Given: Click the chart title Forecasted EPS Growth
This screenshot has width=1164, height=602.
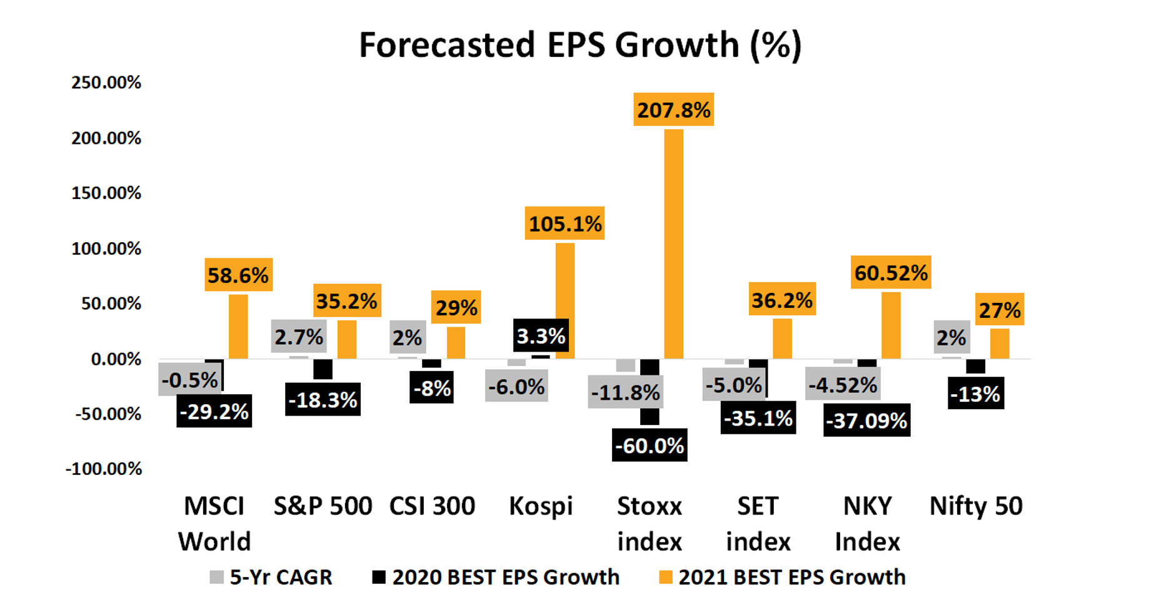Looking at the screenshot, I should coord(579,45).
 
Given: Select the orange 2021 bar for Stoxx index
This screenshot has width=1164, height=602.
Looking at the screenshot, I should coord(673,244).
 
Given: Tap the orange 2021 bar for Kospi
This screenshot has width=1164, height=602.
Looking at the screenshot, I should coord(565,300).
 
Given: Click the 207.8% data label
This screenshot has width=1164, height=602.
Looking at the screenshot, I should coord(673,110).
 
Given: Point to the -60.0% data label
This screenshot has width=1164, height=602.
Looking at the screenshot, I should coord(650,446).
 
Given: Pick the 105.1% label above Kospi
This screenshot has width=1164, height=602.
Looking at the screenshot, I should coord(564,223).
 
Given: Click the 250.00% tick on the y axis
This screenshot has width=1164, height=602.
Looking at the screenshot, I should coord(106,83).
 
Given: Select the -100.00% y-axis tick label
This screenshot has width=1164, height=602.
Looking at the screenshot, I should coord(104,469).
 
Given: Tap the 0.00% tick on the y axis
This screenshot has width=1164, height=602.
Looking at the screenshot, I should coord(116,359).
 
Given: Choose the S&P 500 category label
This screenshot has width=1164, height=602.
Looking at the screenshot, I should coord(323,506).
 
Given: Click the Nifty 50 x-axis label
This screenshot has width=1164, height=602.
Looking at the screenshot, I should coord(976,506).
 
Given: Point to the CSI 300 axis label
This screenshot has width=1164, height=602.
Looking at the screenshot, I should coord(432,506).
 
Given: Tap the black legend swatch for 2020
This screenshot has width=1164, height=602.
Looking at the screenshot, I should coord(379,577).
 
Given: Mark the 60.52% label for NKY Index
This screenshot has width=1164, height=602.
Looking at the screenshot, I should coord(891,272).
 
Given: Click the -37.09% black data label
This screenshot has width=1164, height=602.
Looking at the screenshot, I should coord(866,421).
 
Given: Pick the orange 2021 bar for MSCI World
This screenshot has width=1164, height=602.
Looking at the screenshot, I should coord(238,327).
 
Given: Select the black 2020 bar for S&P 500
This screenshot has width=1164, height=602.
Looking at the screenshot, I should coord(323,369).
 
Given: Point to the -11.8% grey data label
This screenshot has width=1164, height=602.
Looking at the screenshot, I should coord(625,392).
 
